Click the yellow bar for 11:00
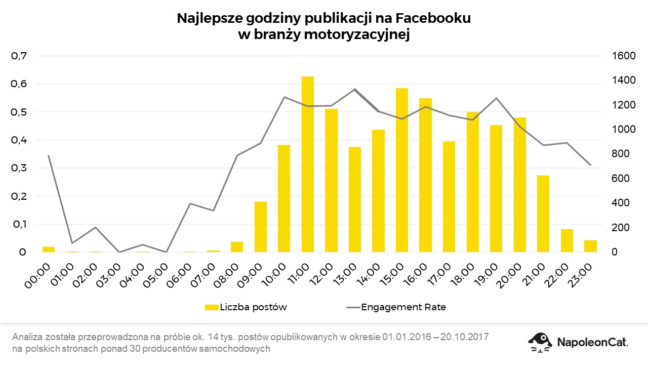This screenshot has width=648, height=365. click(308, 164)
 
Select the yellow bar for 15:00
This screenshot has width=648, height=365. click(402, 170)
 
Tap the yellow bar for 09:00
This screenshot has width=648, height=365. click(261, 227)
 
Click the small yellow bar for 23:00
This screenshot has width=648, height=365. click(590, 246)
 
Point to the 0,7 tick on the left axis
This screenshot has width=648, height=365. click(19, 56)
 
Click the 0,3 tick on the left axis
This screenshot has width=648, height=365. click(19, 168)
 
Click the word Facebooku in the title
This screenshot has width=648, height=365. click(433, 19)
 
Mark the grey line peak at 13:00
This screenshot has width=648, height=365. click(354, 89)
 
